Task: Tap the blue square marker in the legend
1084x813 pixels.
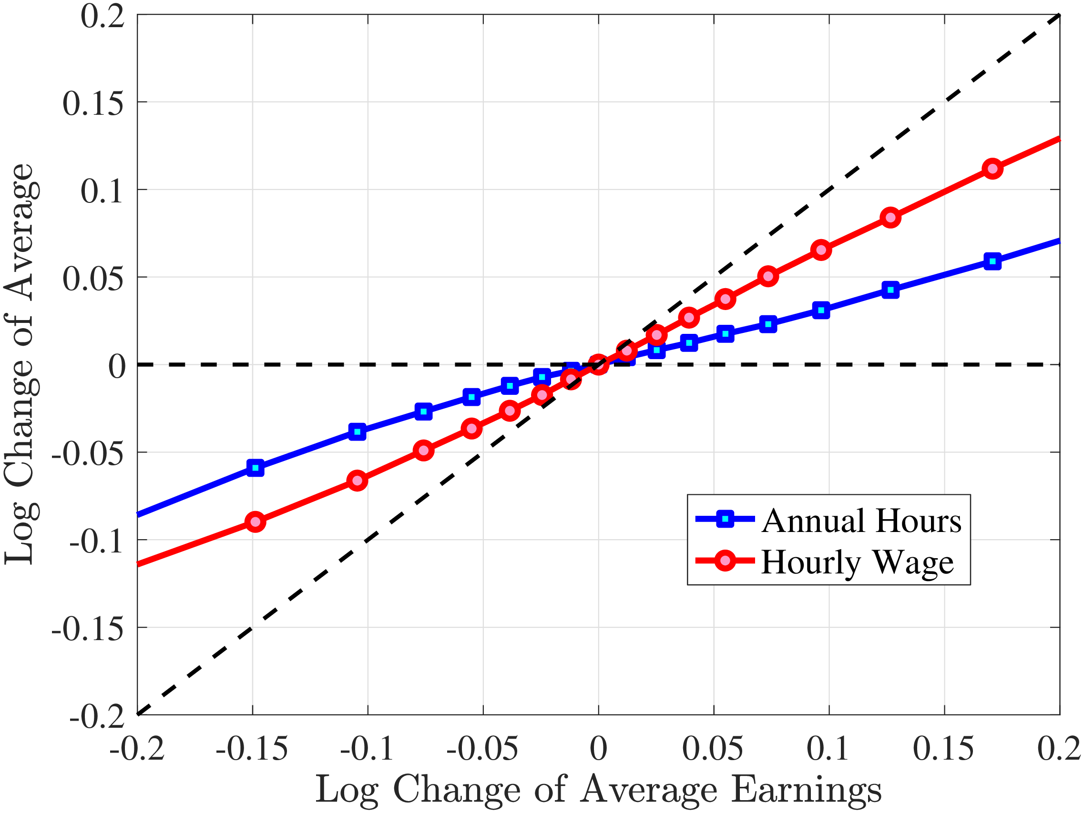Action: [x=725, y=519]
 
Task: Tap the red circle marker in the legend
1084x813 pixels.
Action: [x=725, y=560]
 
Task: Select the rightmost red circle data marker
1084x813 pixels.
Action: [x=992, y=169]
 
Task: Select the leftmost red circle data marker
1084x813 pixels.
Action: [x=256, y=522]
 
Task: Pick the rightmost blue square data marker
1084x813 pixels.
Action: [x=992, y=261]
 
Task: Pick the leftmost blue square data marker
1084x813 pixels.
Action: [x=256, y=468]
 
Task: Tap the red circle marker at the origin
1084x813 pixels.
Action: [x=598, y=365]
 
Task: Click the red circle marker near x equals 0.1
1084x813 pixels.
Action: [x=821, y=250]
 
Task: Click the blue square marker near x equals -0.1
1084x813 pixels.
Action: [x=357, y=432]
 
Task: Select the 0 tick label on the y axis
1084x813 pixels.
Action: [x=117, y=366]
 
